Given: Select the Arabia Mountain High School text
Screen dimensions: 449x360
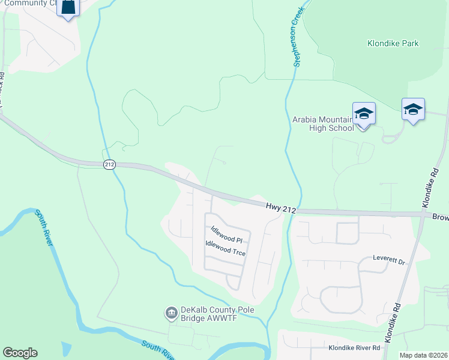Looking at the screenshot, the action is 323,124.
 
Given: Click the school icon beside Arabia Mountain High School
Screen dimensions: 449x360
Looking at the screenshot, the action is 364,113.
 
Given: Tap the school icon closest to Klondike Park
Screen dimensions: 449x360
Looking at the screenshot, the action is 413,109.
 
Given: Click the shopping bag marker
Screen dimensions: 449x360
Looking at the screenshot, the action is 68,7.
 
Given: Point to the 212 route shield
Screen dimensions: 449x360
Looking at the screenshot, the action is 109,164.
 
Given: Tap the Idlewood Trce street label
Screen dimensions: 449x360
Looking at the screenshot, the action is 225,248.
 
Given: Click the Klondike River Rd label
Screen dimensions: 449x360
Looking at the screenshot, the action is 354,347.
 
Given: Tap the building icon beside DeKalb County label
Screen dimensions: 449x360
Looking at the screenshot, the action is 170,313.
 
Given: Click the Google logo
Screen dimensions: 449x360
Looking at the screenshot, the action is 20,353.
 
